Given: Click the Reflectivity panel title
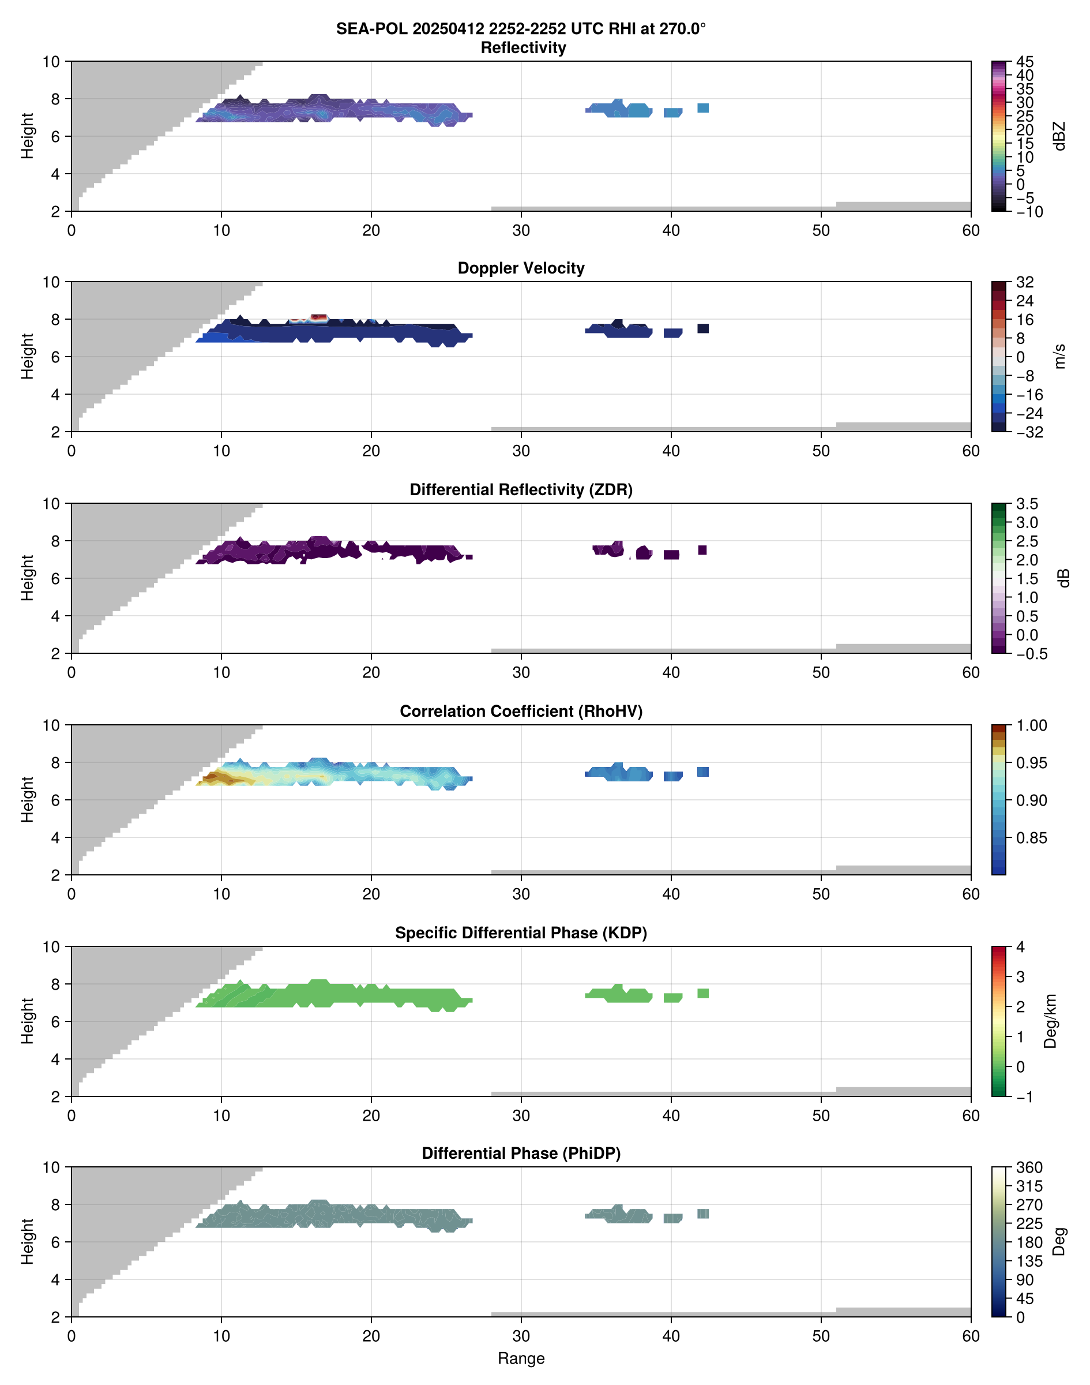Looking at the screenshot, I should (523, 48).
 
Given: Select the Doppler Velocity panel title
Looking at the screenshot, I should (521, 268).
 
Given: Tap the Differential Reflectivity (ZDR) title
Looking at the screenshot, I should (521, 490).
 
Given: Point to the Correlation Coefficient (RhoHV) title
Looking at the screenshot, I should (521, 712).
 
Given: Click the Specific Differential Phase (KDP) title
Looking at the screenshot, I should (521, 933).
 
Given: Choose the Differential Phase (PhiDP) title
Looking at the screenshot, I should (521, 1153).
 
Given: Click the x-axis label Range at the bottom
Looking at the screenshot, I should (521, 1358).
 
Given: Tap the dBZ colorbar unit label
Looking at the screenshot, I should (1060, 136).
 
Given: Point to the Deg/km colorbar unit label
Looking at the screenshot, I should (1050, 1021).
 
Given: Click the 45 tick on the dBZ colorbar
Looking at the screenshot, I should (1025, 62).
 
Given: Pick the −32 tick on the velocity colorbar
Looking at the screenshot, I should (1029, 432).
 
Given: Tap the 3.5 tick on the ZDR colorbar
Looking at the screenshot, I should (1027, 504).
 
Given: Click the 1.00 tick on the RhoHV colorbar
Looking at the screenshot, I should (1031, 725).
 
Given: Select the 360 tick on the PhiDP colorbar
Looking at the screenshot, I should (1029, 1167).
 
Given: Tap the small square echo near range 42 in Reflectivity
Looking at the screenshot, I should (702, 108).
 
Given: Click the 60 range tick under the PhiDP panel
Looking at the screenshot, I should (970, 1337).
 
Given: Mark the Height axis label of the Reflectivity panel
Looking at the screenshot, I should (27, 136).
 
